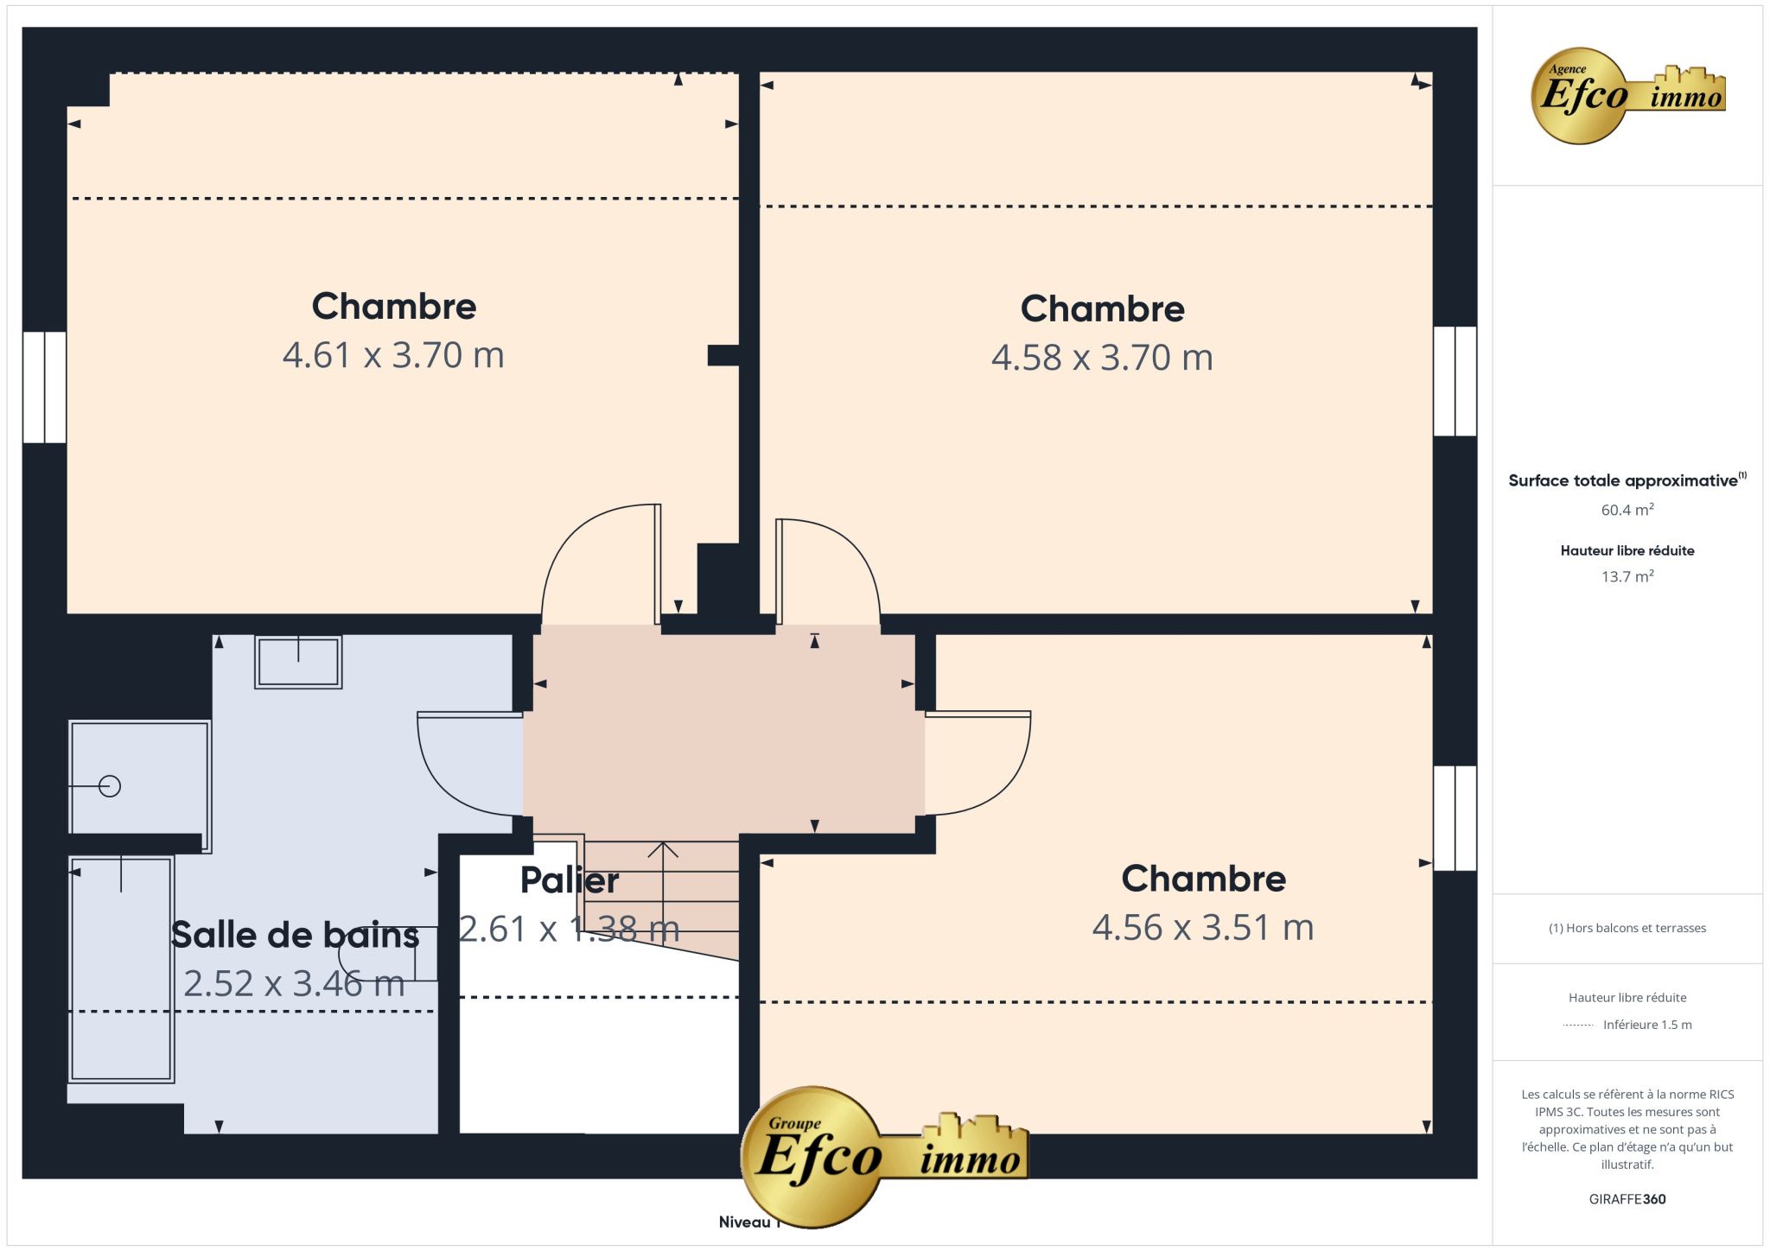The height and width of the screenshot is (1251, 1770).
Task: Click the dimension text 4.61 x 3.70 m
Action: [393, 355]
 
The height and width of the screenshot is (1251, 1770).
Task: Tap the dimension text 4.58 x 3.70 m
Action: [1102, 358]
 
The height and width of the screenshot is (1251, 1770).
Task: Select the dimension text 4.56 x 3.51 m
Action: [1203, 928]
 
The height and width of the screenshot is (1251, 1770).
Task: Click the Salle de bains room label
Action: [295, 935]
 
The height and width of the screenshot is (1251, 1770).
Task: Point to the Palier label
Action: [570, 880]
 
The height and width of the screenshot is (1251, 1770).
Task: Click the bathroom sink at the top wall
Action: [298, 662]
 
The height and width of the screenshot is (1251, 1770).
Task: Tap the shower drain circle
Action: [110, 786]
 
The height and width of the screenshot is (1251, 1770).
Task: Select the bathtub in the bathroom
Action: [121, 968]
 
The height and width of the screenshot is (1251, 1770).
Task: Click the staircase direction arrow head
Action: [663, 849]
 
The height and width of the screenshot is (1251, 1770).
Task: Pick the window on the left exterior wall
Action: [44, 387]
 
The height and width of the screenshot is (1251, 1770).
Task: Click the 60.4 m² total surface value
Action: [1627, 510]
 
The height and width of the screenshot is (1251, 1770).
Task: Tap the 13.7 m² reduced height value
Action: [1627, 576]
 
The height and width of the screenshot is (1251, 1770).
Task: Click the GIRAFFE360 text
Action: [1627, 1199]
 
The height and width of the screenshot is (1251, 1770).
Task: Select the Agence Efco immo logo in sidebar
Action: [1627, 96]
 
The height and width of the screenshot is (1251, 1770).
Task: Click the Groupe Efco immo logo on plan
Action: [883, 1156]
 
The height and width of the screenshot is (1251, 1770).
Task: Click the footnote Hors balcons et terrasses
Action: [1627, 928]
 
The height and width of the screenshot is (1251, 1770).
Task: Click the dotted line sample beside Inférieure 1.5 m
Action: [1578, 1026]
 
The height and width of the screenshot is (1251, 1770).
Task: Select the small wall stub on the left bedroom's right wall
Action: [723, 355]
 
